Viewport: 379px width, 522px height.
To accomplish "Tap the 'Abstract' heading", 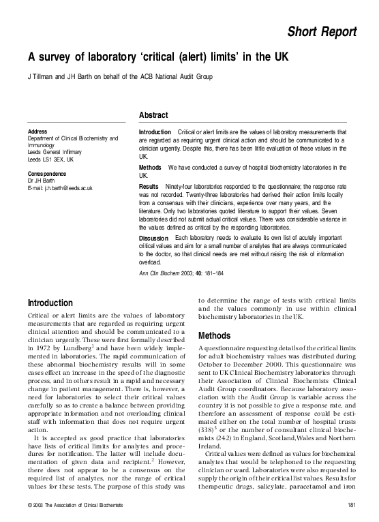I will tap(153, 115).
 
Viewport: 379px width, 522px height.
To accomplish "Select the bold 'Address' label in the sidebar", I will tap(37, 132).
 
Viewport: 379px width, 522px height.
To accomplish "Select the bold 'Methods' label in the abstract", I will tap(150, 167).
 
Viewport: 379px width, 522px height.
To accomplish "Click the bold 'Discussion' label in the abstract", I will tap(153, 237).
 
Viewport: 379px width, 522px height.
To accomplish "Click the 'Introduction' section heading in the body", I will tap(50, 303).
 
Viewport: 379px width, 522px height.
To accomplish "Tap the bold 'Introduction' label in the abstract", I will tap(155, 132).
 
